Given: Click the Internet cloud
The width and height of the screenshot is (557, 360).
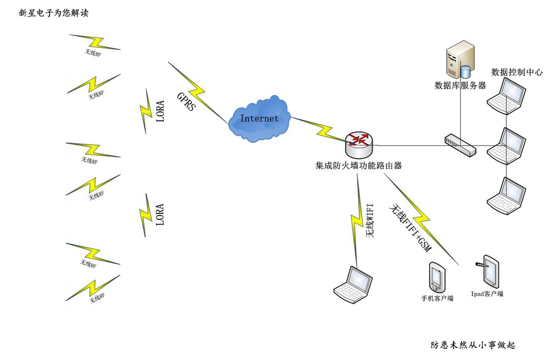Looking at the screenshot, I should click(260, 119).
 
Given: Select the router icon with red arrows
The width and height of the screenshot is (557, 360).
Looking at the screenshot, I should click(359, 144).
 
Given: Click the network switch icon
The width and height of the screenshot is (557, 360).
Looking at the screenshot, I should click(460, 144).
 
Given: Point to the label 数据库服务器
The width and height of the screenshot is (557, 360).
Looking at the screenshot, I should click(460, 86).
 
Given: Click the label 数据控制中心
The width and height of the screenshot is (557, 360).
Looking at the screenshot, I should click(517, 72).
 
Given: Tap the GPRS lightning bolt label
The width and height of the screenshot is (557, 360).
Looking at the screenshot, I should click(186, 100).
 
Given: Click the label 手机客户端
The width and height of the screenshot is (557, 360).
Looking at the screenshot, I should click(437, 299).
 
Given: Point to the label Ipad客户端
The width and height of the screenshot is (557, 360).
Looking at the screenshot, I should click(487, 293).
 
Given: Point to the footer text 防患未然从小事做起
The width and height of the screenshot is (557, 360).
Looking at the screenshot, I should click(473, 346).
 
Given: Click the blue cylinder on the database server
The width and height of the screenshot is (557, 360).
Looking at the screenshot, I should click(465, 71).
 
